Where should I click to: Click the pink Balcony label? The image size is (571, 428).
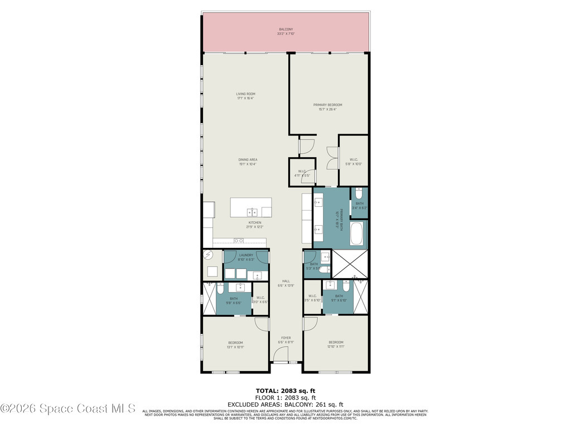(x=285, y=31)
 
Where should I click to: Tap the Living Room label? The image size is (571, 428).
(x=245, y=96)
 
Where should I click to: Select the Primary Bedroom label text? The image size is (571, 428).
(x=327, y=107)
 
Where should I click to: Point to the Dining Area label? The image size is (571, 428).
(x=248, y=162)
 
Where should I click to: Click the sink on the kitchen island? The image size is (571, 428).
(x=253, y=212)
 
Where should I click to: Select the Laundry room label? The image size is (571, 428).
(x=246, y=257)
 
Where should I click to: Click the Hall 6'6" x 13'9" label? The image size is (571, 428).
(x=286, y=283)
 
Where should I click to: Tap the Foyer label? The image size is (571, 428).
(x=286, y=340)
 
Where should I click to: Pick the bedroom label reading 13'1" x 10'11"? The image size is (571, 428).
(x=235, y=344)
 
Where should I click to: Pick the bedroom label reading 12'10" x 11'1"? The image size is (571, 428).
(x=336, y=344)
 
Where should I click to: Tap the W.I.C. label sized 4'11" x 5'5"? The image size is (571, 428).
(x=302, y=173)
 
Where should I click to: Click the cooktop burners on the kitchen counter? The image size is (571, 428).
(x=239, y=241)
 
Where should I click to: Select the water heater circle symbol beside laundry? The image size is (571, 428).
(x=209, y=255)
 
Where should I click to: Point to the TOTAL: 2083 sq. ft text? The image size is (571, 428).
(x=285, y=390)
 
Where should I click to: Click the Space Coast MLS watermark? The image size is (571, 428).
(x=68, y=408)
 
